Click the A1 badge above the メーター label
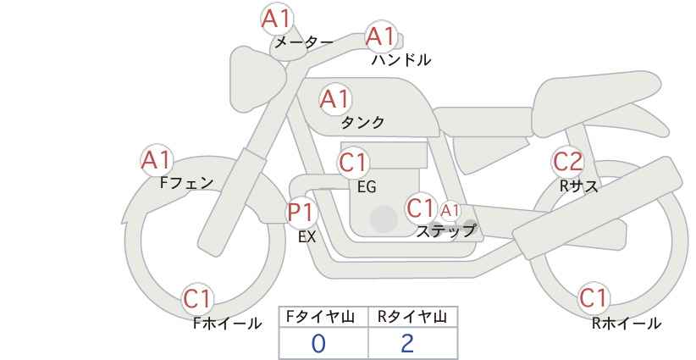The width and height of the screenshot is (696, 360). point(276,19)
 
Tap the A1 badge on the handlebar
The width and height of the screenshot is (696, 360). point(381,36)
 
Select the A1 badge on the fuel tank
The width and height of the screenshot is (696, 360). point(335,99)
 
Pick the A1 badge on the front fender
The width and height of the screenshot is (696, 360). point(157,160)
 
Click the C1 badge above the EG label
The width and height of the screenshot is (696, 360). point(353,163)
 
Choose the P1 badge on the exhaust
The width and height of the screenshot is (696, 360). point(301,212)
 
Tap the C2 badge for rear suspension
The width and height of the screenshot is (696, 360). point(567,162)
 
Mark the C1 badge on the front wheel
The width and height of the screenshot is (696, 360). point(197,298)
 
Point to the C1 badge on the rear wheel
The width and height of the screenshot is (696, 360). point(594,297)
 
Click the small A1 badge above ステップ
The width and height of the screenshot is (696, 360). point(450,211)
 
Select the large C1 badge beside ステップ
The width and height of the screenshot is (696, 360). point(421,208)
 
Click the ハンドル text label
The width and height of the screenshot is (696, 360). point(401,60)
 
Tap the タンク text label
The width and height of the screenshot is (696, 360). point(362,122)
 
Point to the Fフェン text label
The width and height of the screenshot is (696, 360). point(187,183)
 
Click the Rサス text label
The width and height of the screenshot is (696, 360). point(579,186)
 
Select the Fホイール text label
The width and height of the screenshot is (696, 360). point(228,324)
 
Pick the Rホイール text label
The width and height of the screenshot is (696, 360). point(627,324)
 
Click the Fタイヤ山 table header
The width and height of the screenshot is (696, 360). point(320,317)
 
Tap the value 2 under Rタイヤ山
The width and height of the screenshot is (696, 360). point(406,344)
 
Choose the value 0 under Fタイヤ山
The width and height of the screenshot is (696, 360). point(318,344)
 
